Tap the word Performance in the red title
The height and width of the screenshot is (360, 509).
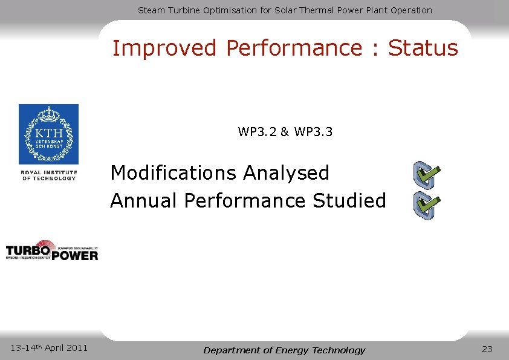click(296, 48)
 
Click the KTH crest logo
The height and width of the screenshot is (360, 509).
click(48, 134)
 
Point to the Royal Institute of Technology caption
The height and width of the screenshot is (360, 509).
click(49, 175)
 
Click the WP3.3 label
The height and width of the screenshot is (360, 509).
click(313, 132)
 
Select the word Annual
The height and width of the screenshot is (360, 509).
click(144, 200)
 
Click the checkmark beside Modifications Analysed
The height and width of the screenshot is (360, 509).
click(426, 175)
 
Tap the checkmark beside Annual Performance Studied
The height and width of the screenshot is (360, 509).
click(426, 206)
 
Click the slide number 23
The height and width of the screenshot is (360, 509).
click(487, 349)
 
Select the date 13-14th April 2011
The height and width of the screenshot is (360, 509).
click(49, 347)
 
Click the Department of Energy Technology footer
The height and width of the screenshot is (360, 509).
click(284, 350)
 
